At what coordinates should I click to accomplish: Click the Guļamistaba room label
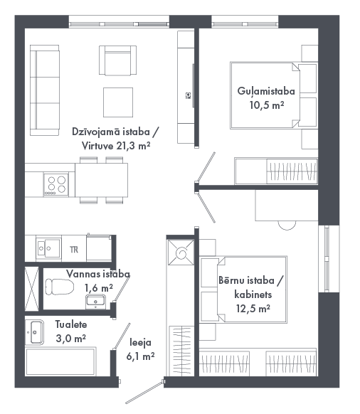point(266,91)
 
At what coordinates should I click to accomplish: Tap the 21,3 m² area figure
point(133,146)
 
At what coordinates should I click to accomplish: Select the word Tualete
point(71,324)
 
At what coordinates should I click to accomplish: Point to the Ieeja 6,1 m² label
point(140,349)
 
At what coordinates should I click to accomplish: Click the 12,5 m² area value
point(253,309)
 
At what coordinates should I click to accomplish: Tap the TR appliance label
point(74,250)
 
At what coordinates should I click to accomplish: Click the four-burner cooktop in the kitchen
point(56,184)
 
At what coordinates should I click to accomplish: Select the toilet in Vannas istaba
point(59,287)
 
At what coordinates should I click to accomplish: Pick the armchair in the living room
point(118,60)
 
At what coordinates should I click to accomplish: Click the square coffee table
point(118,102)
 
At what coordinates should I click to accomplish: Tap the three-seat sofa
point(44,90)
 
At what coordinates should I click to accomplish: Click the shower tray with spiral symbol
point(181,253)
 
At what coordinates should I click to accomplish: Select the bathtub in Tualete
point(60,361)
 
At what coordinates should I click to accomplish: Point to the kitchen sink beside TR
point(48,248)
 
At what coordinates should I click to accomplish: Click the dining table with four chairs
point(102,181)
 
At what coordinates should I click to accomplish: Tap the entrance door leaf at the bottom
point(144,393)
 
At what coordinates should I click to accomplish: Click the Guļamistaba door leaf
point(206,166)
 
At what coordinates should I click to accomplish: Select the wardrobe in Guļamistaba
point(276,171)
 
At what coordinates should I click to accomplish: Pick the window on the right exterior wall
point(327,259)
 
